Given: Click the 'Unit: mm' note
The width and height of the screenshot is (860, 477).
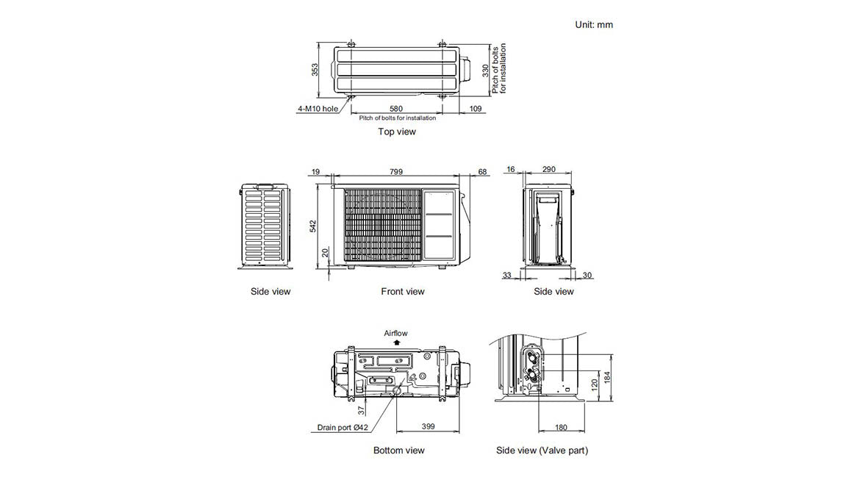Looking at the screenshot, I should (593, 25).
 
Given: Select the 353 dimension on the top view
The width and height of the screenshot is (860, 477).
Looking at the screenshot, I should (315, 70).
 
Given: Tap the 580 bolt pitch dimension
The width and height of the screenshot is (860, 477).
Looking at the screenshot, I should (395, 109).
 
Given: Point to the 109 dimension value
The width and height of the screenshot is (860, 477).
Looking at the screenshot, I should (476, 109).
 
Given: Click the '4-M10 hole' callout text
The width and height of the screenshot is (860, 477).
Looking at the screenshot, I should (318, 109).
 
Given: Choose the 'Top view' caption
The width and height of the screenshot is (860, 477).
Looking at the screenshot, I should (397, 132).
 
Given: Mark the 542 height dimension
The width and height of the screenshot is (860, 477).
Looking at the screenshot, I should (315, 226).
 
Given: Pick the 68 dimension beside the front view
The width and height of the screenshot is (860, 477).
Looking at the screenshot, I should (482, 172).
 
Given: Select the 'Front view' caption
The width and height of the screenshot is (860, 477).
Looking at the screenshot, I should (402, 292).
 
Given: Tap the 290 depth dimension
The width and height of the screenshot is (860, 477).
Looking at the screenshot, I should (548, 170).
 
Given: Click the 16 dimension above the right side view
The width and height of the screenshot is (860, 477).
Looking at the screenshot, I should (510, 170).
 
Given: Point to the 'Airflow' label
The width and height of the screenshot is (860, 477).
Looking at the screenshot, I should (395, 333).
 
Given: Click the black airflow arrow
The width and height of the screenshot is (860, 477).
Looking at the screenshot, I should (397, 342).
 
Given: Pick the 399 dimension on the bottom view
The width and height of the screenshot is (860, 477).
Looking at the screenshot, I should (429, 427).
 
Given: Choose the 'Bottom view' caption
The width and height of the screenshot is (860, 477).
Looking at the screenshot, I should (398, 451).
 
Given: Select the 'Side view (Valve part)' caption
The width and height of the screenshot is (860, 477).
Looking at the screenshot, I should (542, 451).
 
